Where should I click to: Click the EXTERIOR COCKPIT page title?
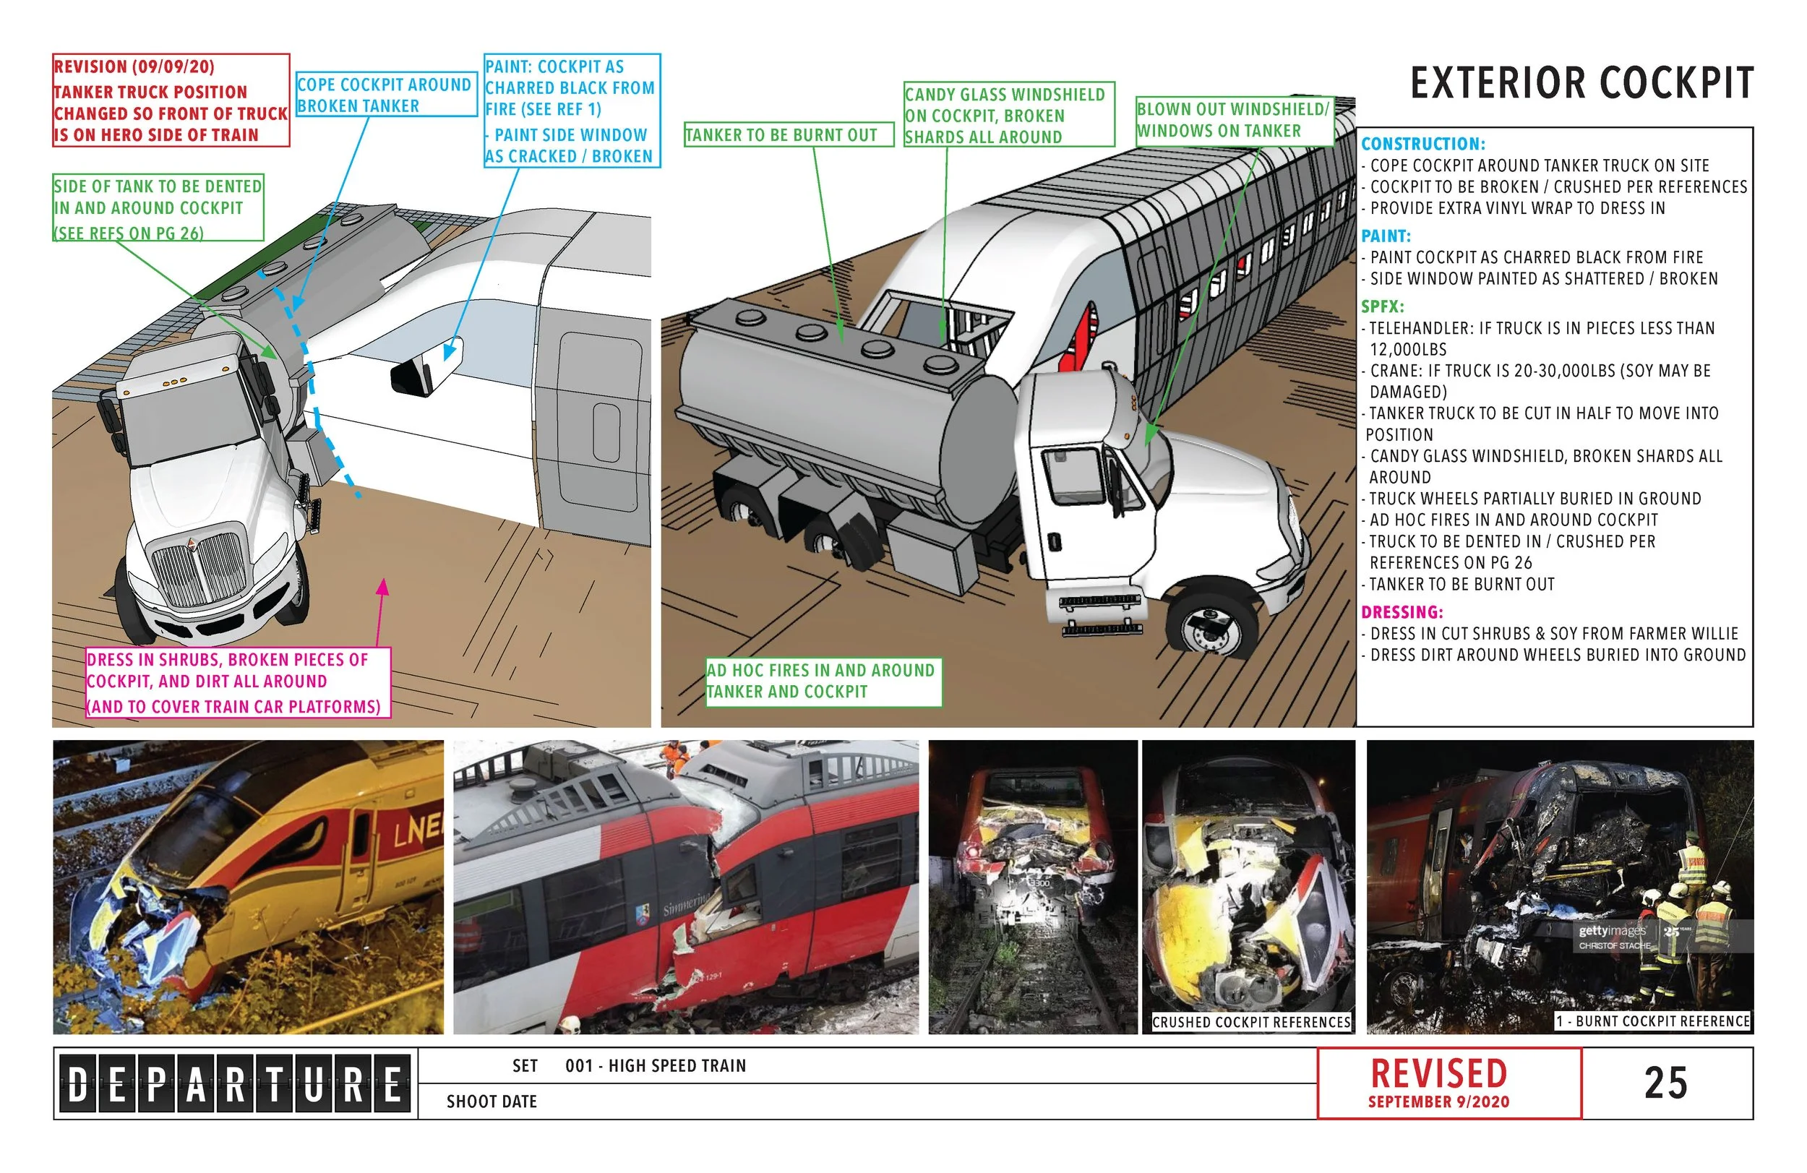point(1581,84)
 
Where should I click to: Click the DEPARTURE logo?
point(235,1083)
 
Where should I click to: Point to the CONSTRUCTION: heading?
point(1422,145)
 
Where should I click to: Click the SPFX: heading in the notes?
point(1382,306)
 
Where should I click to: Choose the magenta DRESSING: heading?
point(1402,612)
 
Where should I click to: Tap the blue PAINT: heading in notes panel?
point(1386,236)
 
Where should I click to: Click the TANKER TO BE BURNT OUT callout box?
point(788,135)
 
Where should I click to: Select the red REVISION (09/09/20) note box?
point(171,100)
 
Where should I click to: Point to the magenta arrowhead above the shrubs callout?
point(382,586)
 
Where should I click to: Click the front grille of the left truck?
point(199,568)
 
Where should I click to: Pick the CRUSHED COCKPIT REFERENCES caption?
point(1250,1022)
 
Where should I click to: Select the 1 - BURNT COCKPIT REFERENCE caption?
point(1652,1021)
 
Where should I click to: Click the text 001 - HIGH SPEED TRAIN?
point(656,1066)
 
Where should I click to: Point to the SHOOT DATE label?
point(492,1101)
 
